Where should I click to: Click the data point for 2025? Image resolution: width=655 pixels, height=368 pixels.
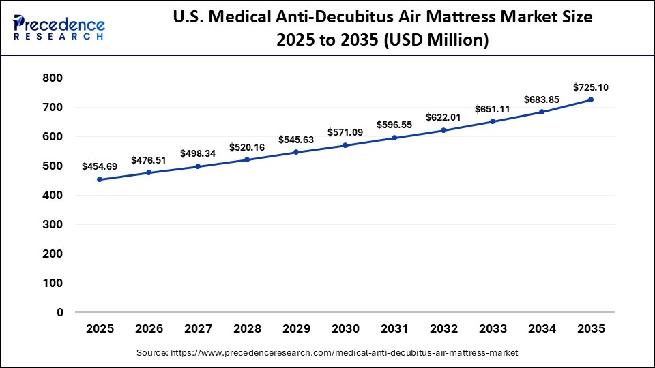[x=100, y=179]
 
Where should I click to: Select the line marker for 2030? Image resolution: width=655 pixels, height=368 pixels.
[x=345, y=145]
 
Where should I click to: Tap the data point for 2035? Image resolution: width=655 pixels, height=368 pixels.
[x=591, y=99]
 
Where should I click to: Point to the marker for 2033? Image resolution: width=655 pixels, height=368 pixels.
[x=493, y=121]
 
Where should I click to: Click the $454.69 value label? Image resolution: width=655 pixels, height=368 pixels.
[x=100, y=166]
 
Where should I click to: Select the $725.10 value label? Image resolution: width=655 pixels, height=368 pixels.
[x=591, y=87]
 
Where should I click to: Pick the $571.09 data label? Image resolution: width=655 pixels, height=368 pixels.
[x=345, y=132]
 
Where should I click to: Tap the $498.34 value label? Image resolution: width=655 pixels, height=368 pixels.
[x=198, y=153]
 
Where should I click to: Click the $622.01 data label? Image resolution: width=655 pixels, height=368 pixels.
[x=443, y=117]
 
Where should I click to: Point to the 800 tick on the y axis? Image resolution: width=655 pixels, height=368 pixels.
[x=53, y=78]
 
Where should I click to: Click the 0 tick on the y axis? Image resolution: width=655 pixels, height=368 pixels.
[x=59, y=312]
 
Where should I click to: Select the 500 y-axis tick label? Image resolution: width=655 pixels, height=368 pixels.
[x=53, y=166]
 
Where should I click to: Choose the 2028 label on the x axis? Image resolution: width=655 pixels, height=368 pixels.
[x=247, y=328]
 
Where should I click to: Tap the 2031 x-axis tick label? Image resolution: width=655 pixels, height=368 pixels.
[x=394, y=328]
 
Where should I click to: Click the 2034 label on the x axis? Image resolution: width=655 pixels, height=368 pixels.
[x=542, y=328]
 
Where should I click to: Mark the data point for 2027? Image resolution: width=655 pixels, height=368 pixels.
[x=198, y=166]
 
